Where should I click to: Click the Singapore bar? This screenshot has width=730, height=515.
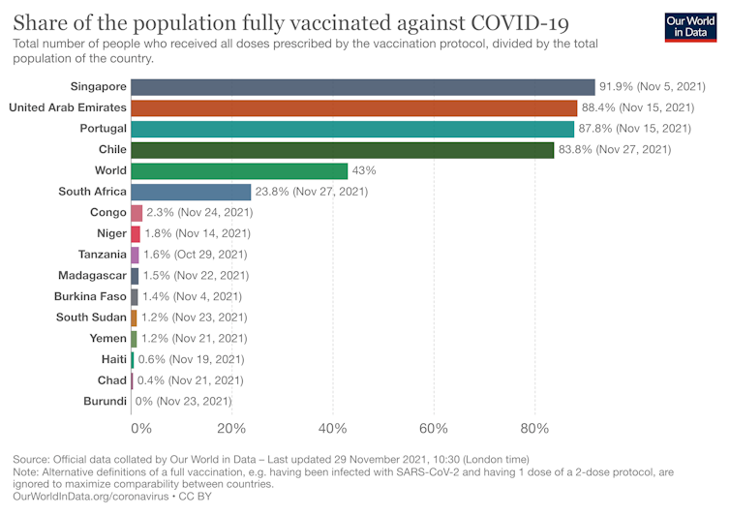tap(362, 87)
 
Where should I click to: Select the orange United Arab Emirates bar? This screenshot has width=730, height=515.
tap(353, 107)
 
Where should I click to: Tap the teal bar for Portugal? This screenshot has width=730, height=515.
tap(351, 129)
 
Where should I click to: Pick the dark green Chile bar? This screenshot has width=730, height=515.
tap(342, 150)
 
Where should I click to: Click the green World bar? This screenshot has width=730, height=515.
tap(239, 170)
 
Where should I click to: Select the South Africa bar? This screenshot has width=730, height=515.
tap(191, 192)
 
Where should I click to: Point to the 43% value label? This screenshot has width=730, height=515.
tap(364, 170)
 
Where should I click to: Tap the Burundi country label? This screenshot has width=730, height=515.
tap(105, 401)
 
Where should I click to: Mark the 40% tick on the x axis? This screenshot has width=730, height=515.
tap(333, 429)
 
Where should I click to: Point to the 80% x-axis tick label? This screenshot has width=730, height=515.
tap(534, 429)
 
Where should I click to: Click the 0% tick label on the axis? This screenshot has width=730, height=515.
tap(141, 429)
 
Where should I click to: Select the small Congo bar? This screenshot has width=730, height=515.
tap(137, 213)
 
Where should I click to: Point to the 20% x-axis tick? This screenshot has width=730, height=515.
tap(231, 429)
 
